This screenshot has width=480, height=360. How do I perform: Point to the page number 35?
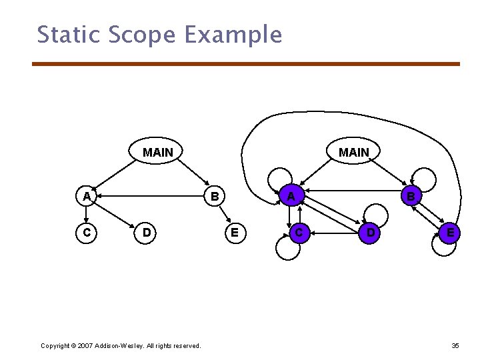pos(455,345)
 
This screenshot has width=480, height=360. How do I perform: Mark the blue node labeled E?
pos(451,233)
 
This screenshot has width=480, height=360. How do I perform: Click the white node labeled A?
pos(87,196)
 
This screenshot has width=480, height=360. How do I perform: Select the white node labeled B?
pos(214,196)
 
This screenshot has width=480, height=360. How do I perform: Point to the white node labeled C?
pos(87,233)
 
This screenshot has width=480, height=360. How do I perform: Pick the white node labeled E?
pos(233,233)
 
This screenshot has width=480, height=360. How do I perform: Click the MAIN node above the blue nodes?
pos(353,153)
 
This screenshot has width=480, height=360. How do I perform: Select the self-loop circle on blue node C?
pos(287,248)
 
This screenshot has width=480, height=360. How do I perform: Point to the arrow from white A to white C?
pos(87,214)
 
